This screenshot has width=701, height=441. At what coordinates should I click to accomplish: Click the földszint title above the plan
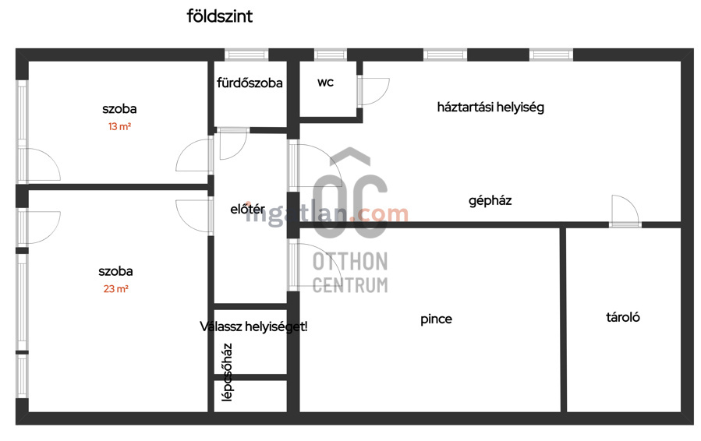click(x=220, y=16)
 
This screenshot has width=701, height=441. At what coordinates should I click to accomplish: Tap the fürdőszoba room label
click(x=250, y=83)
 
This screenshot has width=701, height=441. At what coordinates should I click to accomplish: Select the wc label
click(x=325, y=83)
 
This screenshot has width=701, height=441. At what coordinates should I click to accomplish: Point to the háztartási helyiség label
click(x=490, y=108)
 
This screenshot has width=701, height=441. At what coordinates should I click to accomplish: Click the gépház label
click(x=490, y=200)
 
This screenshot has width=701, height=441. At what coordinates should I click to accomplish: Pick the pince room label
click(x=436, y=319)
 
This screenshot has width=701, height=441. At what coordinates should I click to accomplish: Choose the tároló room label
click(x=623, y=317)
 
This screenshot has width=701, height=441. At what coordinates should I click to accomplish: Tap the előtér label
click(x=247, y=209)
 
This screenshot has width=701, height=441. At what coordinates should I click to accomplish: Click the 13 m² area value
click(x=119, y=126)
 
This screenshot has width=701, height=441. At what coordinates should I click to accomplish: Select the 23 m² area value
click(x=115, y=289)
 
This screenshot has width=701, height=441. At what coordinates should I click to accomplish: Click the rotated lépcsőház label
click(x=227, y=372)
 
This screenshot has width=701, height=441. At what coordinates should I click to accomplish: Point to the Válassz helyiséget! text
click(x=253, y=326)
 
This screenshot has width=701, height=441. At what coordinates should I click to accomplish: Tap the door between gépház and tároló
click(x=625, y=211)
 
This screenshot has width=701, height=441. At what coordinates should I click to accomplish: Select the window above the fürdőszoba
click(x=246, y=55)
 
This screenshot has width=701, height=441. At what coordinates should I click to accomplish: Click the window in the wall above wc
click(x=331, y=55)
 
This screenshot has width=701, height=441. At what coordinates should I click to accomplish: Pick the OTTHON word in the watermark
click(x=350, y=261)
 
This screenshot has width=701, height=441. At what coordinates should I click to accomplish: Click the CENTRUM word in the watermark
click(x=350, y=284)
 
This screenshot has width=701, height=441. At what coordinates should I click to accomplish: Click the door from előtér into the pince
click(x=309, y=265)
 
